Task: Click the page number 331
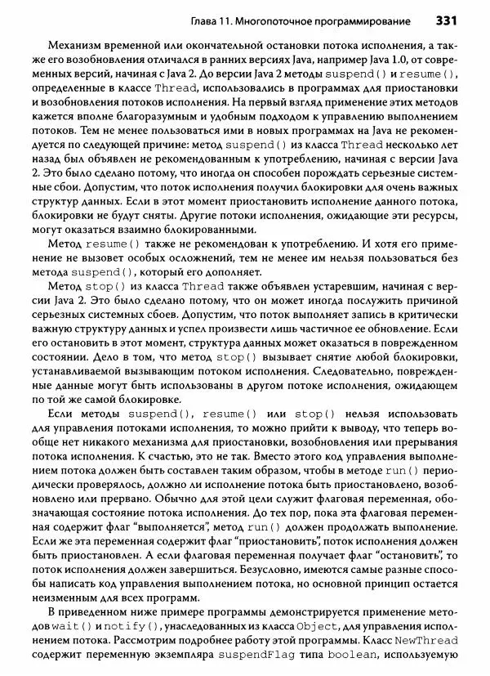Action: tap(451, 19)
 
